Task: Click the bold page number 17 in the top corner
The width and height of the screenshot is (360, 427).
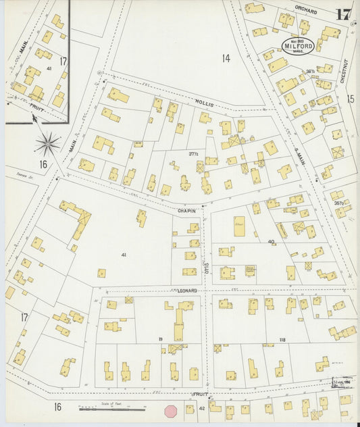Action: click(x=343, y=14)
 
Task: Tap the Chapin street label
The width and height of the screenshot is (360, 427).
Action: click(x=186, y=210)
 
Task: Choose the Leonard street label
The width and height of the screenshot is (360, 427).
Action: click(x=188, y=290)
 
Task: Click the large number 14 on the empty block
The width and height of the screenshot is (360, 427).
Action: click(x=226, y=59)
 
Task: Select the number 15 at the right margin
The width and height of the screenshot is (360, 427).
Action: click(x=351, y=99)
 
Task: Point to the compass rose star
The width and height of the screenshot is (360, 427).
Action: click(x=47, y=142)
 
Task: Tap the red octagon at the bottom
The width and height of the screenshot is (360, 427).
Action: click(x=172, y=411)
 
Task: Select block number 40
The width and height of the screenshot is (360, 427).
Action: click(x=271, y=241)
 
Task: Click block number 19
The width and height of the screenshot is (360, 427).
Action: click(x=161, y=338)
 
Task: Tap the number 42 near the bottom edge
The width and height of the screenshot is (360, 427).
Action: click(x=202, y=408)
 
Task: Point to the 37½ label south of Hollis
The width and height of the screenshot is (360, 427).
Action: click(x=194, y=154)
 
